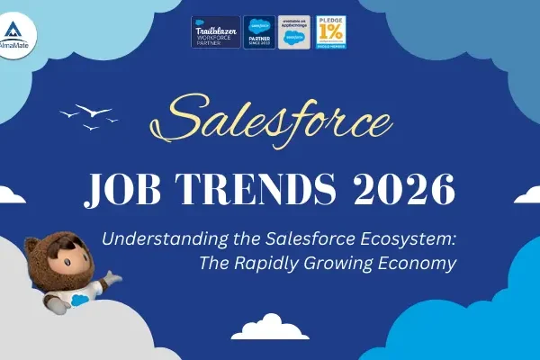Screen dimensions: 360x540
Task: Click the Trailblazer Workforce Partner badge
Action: [215, 32]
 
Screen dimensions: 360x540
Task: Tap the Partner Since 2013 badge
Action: [259, 32]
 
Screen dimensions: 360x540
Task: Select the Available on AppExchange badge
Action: [294, 32]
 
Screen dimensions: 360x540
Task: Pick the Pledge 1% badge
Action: [330, 32]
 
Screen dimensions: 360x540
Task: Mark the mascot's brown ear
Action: [31, 243]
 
